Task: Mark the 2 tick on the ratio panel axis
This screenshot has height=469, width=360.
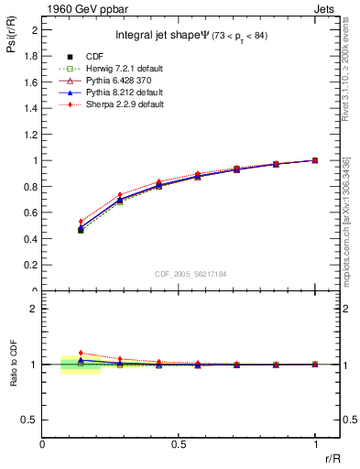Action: tap(34, 309)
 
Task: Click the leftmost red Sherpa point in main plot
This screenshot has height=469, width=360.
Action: tap(81, 222)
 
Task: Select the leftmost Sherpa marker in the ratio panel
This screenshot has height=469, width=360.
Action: tap(81, 353)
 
